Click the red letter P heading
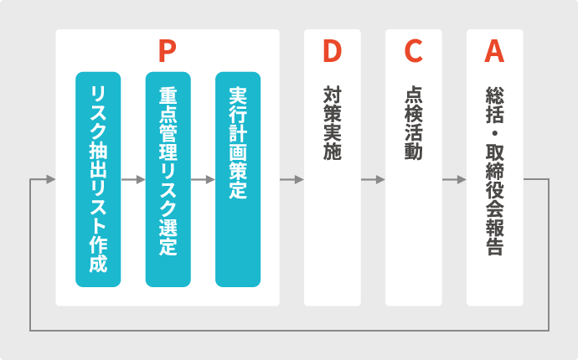(167, 52)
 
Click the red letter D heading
(333, 52)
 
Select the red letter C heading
(413, 52)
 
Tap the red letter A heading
(494, 52)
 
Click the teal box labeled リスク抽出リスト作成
(98, 179)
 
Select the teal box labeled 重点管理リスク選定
(168, 179)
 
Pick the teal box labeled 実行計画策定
(237, 179)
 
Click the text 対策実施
(333, 122)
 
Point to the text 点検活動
(413, 122)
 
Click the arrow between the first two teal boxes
(133, 179)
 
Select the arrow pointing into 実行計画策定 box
(204, 179)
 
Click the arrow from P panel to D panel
(292, 179)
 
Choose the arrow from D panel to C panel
(373, 179)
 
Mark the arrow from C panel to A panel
(454, 179)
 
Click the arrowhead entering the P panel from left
(50, 179)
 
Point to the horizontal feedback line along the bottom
(289, 329)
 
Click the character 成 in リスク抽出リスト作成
(98, 265)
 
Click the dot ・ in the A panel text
(494, 131)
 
